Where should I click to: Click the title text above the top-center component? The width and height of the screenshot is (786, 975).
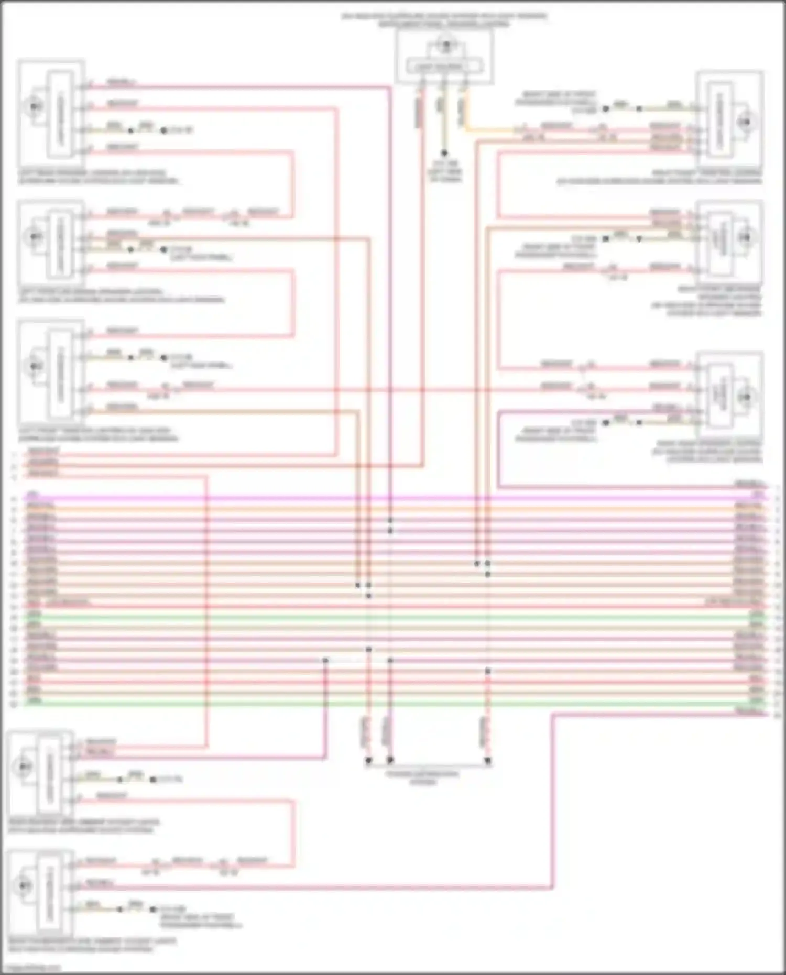[x=444, y=20]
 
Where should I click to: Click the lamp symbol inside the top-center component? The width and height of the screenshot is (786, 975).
[x=446, y=46]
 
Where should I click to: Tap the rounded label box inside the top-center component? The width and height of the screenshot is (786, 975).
[x=444, y=67]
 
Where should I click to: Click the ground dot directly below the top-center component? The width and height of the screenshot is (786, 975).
[x=444, y=154]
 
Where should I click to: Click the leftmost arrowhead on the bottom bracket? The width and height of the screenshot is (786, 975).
[x=368, y=760]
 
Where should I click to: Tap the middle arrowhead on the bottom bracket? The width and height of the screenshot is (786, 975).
[x=390, y=760]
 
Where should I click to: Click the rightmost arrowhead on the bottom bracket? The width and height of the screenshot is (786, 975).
[x=488, y=760]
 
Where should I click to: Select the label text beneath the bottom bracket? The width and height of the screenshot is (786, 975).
[x=423, y=777]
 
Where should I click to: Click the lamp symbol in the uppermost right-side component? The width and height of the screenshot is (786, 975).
[x=744, y=122]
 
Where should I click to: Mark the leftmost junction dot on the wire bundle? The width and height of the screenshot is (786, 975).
[x=325, y=661]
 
